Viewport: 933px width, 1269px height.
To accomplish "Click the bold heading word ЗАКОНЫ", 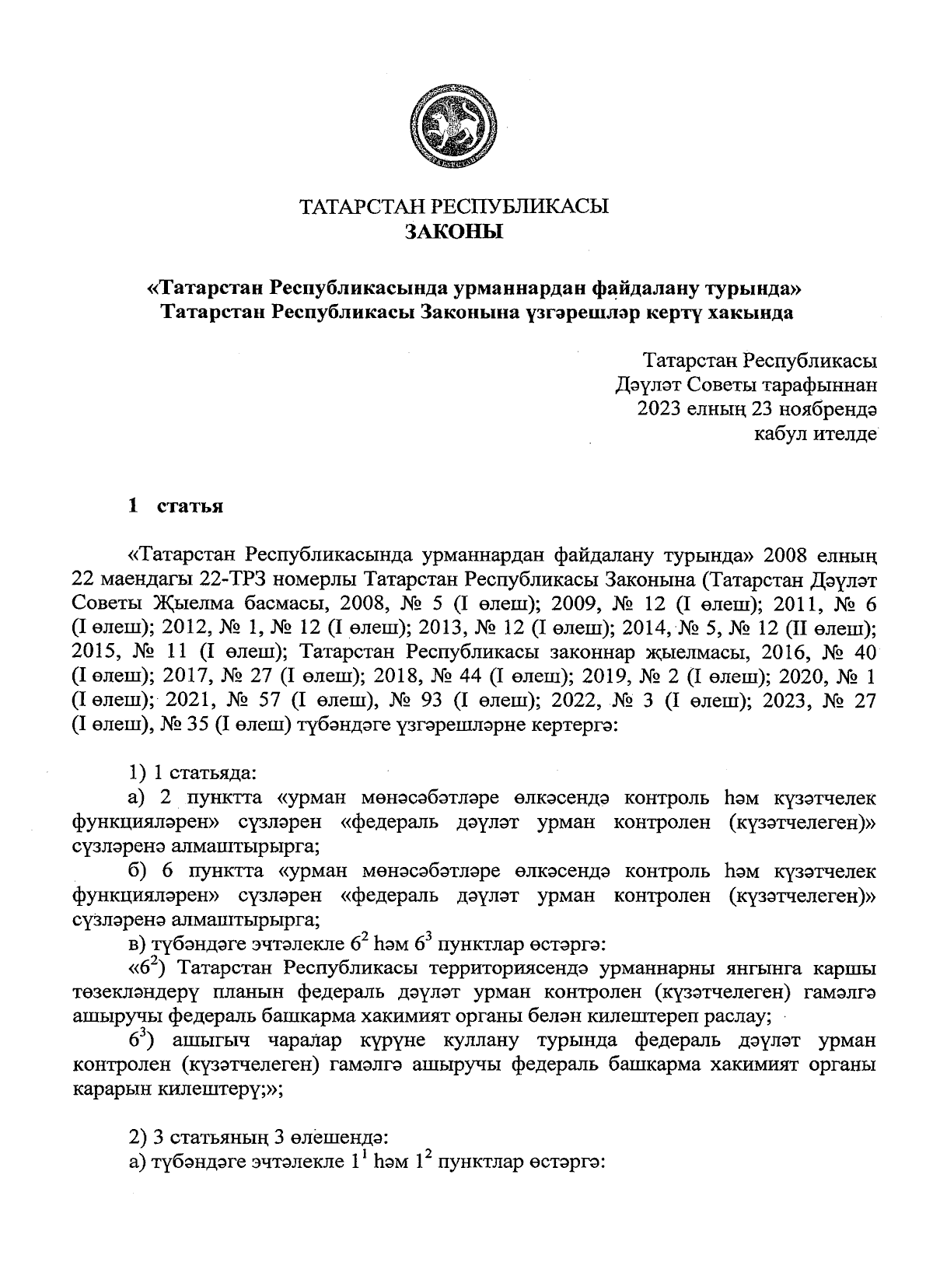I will click(455, 232).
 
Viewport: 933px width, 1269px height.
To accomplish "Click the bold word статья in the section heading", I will click(190, 507).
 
